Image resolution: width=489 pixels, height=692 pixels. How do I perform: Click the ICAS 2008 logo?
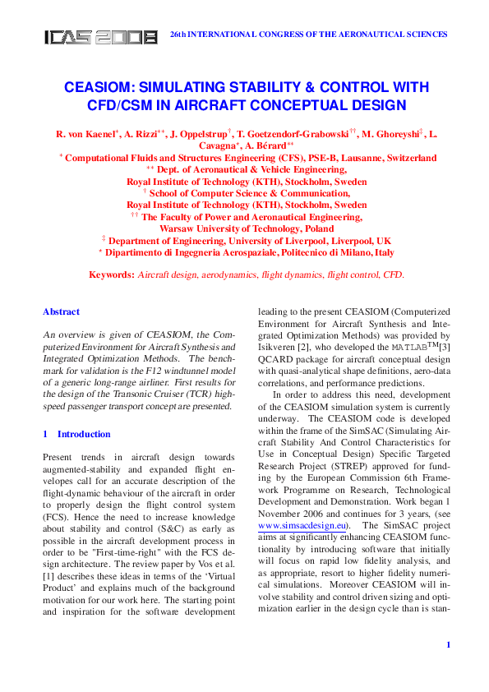100,37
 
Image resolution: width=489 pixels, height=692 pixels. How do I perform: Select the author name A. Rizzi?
143,133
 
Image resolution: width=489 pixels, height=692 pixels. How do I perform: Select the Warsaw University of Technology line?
247,228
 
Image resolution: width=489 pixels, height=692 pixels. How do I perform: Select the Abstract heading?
61,312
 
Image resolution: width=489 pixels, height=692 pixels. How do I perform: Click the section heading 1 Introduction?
76,434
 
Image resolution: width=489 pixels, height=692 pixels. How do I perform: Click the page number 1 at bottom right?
448,644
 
